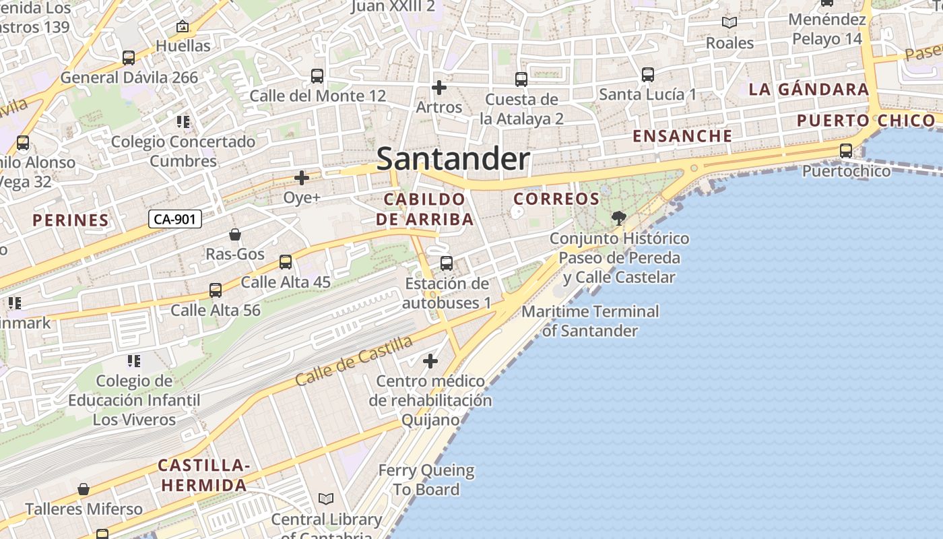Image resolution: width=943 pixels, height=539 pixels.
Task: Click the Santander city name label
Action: [x=453, y=159]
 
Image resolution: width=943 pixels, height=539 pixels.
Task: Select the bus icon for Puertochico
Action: [x=846, y=151]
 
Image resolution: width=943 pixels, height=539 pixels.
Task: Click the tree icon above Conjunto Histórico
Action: [x=618, y=218]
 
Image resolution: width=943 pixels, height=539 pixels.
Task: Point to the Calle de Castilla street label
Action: [x=354, y=361]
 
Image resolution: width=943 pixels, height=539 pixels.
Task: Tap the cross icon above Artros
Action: [x=439, y=88]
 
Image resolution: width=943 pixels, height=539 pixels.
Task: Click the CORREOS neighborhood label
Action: [x=556, y=199]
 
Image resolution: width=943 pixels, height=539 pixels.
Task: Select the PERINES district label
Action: [x=71, y=220]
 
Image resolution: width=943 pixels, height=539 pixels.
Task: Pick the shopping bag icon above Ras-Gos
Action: [x=235, y=234]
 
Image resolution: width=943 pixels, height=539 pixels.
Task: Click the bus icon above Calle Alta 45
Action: [x=286, y=262]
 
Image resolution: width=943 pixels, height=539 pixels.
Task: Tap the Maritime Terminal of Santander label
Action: [x=590, y=321]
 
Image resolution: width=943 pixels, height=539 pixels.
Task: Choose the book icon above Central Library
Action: [x=326, y=499]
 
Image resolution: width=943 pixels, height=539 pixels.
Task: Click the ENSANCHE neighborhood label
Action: [x=682, y=135]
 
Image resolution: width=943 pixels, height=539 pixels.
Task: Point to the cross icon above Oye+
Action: [x=302, y=178]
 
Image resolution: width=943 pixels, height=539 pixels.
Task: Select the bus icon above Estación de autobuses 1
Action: [x=447, y=263]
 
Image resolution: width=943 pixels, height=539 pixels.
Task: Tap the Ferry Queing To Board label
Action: [x=426, y=480]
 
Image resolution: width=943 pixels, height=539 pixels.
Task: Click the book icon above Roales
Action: [x=729, y=23]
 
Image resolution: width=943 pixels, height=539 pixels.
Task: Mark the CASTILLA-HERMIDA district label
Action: [x=204, y=475]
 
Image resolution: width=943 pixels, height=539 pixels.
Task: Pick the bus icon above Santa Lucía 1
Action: [x=648, y=75]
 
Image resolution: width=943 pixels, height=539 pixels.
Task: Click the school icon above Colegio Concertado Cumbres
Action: [x=183, y=122]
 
